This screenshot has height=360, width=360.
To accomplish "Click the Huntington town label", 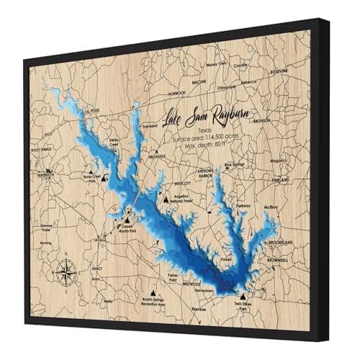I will click(45, 174).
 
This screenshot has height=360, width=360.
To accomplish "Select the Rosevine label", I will click(279, 71).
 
